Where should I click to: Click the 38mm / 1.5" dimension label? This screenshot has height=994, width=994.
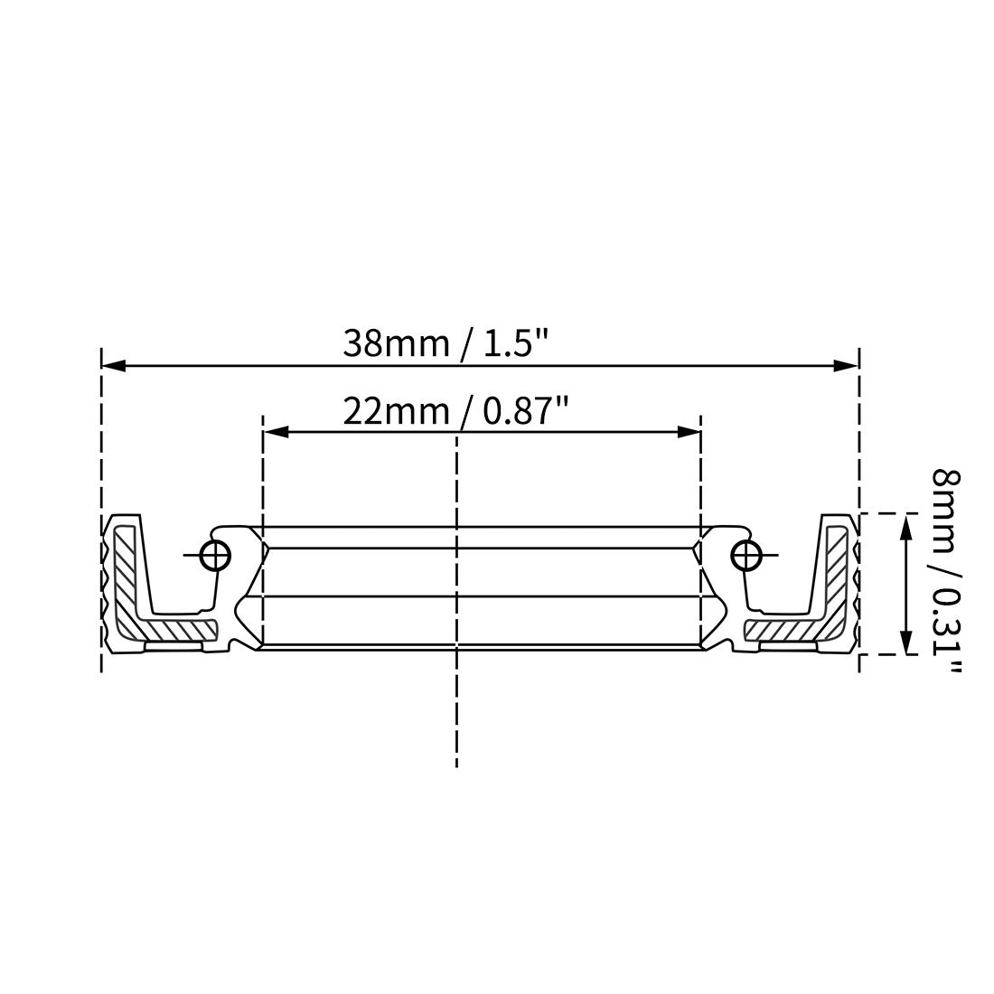[x=446, y=344]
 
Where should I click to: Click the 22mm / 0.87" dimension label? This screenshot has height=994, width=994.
[x=455, y=412]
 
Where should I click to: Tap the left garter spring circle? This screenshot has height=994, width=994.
[x=215, y=556]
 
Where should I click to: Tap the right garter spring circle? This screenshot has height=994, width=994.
[x=745, y=556]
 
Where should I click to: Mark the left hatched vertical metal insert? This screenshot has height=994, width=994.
[x=126, y=569]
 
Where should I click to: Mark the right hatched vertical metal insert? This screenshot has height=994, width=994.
[x=837, y=569]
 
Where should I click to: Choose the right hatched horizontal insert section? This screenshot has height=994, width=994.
[x=783, y=627]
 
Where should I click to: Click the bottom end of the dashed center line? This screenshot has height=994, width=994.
[x=457, y=764]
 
